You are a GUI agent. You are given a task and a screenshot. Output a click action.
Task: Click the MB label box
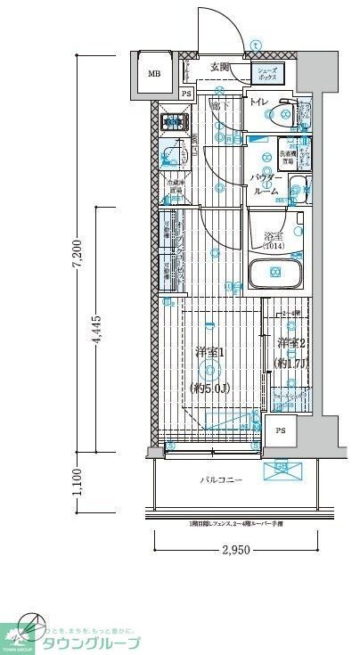pos(155,74)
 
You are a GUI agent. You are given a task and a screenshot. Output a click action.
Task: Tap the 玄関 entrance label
pos(220,67)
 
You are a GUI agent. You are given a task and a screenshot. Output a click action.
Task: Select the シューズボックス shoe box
pos(266,73)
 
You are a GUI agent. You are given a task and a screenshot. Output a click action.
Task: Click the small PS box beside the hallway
pos(185,94)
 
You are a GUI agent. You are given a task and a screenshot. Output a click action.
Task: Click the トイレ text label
pos(258,103)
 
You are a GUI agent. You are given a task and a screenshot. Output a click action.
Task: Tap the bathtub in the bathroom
pos(274,274)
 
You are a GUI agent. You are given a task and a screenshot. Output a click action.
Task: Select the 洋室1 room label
pos(208,352)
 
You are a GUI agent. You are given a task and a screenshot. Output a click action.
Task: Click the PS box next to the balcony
pos(282,431)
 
